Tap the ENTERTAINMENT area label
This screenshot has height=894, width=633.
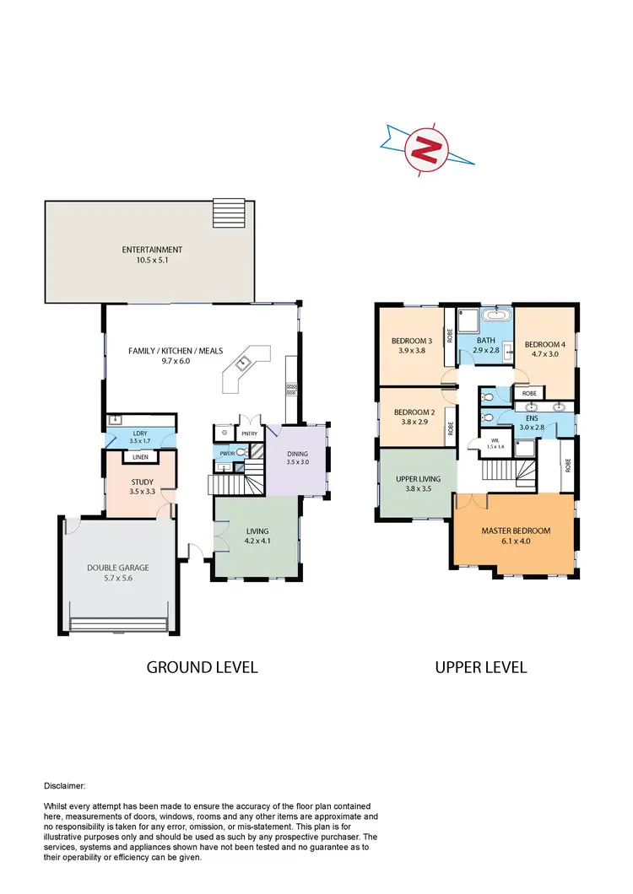pyautogui.click(x=152, y=250)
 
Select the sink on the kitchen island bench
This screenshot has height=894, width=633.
pyautogui.click(x=242, y=364)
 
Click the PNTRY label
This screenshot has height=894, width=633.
pyautogui.click(x=249, y=433)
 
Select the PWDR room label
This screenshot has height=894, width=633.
pyautogui.click(x=226, y=453)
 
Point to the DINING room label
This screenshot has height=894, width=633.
pyautogui.click(x=299, y=454)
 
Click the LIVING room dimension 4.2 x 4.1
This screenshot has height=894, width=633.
pyautogui.click(x=257, y=541)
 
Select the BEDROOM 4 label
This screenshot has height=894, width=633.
pyautogui.click(x=544, y=344)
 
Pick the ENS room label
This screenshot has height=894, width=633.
pyautogui.click(x=532, y=417)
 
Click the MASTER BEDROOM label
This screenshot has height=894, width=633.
pyautogui.click(x=516, y=530)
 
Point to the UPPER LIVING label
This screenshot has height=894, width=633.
pyautogui.click(x=416, y=477)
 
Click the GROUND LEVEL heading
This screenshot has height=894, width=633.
pyautogui.click(x=202, y=667)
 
